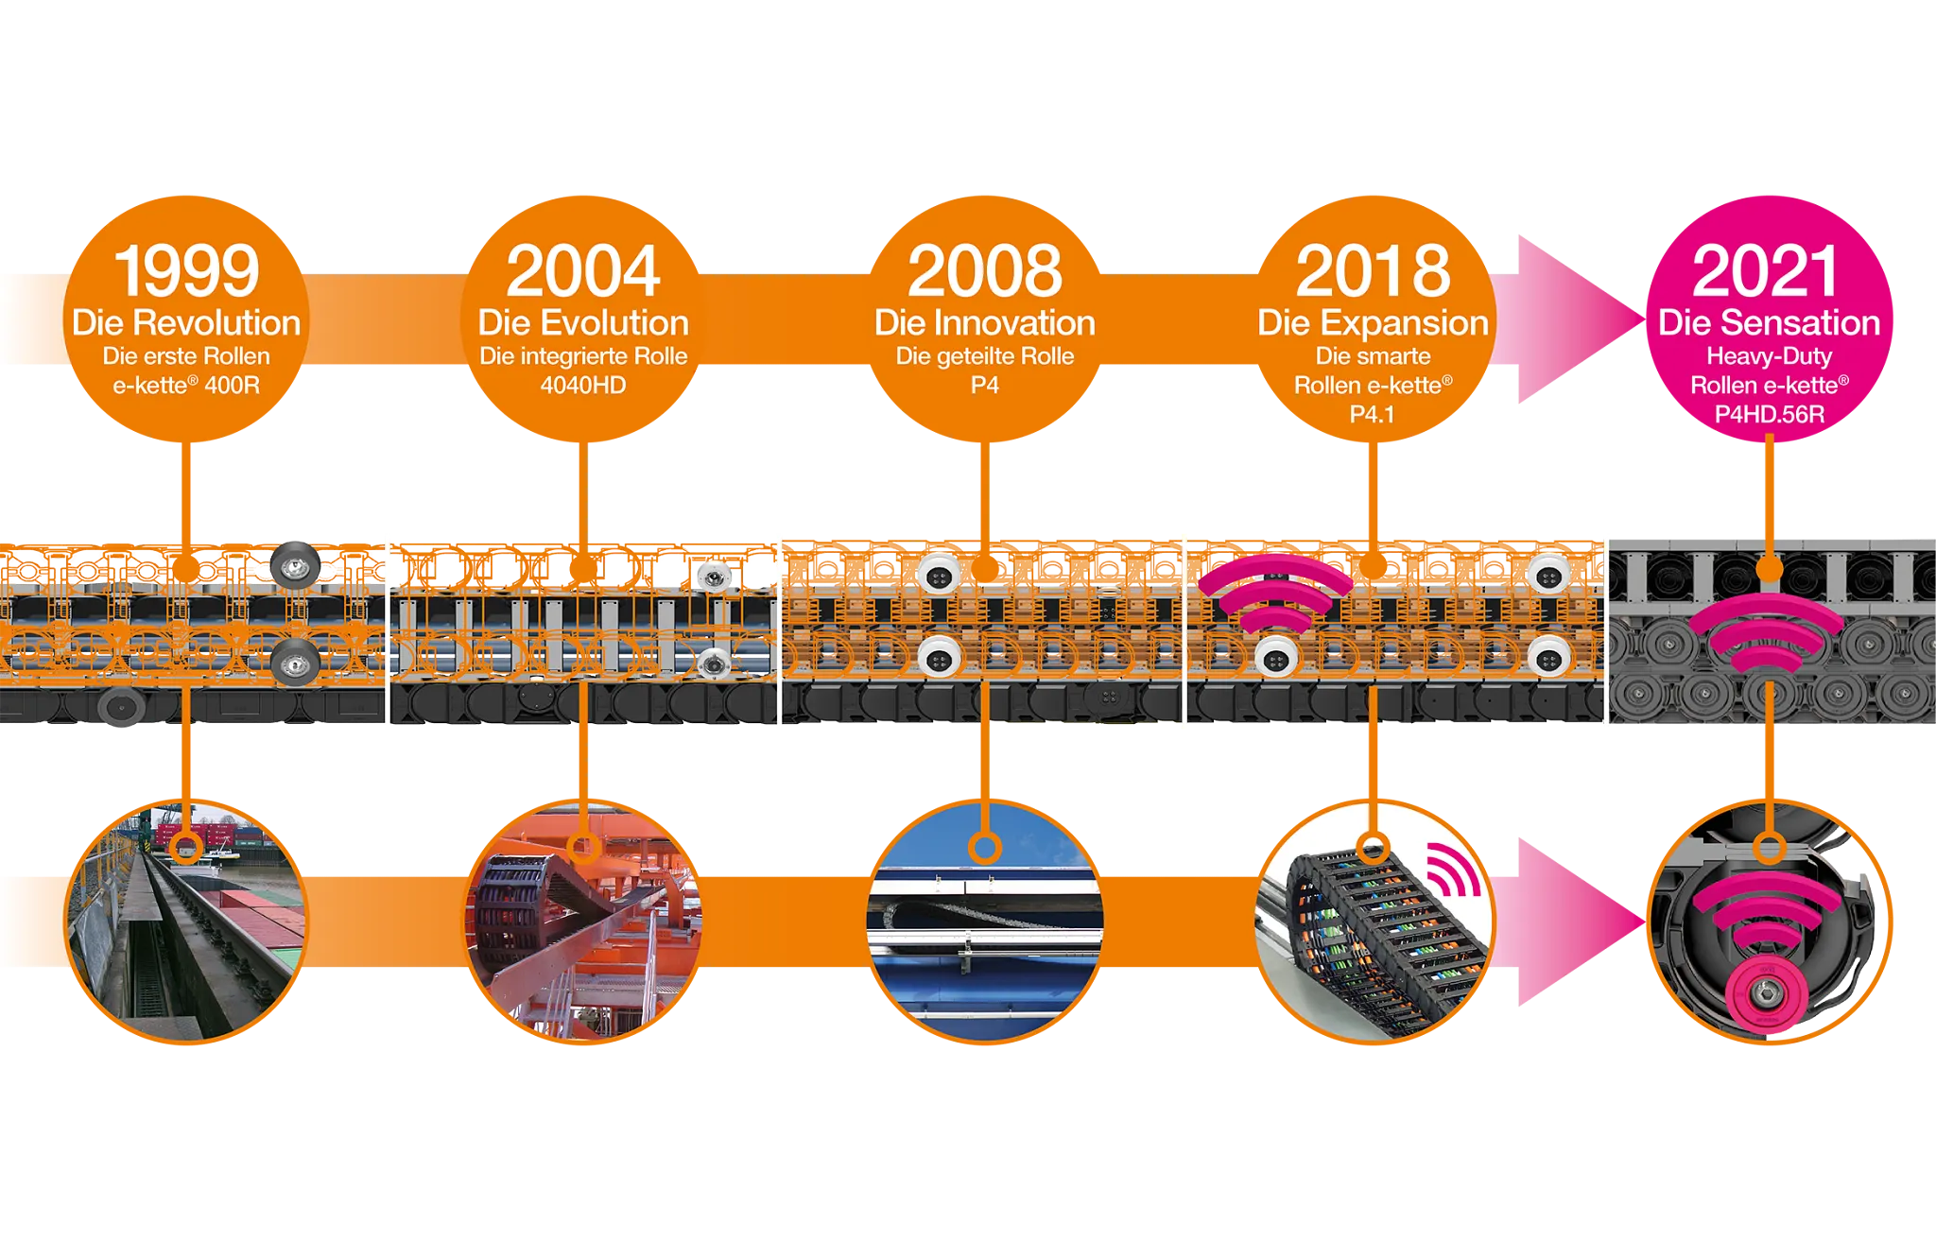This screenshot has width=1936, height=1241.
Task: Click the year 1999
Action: pos(186,271)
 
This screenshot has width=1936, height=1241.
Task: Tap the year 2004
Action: pos(583,271)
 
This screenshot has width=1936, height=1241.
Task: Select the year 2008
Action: pos(985,271)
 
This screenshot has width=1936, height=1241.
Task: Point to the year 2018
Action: pos(1373,271)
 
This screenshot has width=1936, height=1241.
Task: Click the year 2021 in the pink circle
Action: pos(1766,271)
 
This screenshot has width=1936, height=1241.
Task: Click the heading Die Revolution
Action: pos(186,323)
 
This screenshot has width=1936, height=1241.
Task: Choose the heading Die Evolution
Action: pos(583,323)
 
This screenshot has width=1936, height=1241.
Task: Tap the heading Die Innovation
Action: pos(985,323)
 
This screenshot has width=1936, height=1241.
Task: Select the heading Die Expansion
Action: pos(1373,323)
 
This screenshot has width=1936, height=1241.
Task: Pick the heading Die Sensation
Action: pos(1769,323)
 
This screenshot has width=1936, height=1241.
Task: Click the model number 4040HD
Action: pos(583,386)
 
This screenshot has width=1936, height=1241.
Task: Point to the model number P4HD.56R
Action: pos(1769,414)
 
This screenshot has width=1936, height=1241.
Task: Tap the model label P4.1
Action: pos(1372,414)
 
